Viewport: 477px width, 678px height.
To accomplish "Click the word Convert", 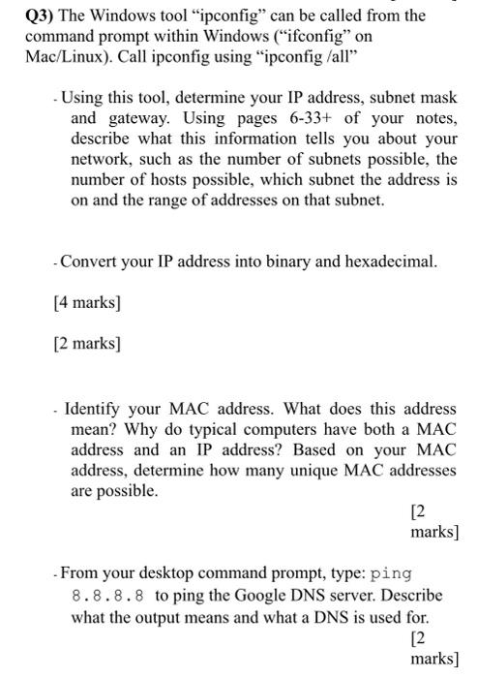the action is (95, 262).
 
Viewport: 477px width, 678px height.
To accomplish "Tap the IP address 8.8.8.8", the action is (106, 595).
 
